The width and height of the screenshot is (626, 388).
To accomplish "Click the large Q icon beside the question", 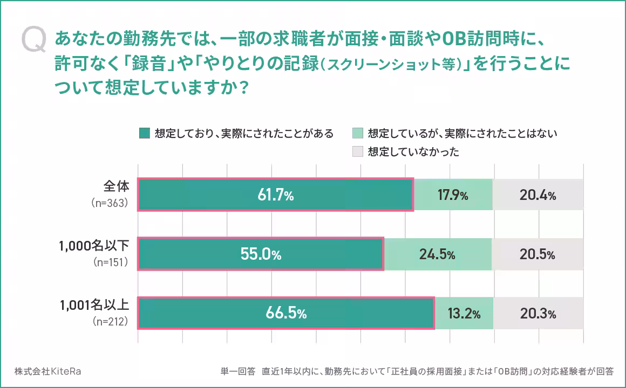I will coord(34,41).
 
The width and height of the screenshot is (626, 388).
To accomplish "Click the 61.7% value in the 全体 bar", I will coord(275,195).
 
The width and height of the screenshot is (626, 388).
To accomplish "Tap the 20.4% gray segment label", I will coord(537,195).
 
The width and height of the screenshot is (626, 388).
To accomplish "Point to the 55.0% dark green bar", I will coord(261,254).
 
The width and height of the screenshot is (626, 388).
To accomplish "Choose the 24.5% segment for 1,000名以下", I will coord(437,254).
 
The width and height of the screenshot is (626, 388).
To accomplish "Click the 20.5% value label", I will coord(537,254).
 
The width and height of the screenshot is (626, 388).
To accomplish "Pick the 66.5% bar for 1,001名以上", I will coord(285,313).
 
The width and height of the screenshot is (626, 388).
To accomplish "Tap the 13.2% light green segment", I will coord(464,313).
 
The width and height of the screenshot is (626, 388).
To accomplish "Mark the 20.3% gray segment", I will coord(537,313).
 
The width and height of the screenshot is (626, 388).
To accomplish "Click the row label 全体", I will coord(117,186).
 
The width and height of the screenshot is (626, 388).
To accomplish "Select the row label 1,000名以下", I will coord(94,246).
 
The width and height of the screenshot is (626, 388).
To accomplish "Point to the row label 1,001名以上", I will coord(94,305).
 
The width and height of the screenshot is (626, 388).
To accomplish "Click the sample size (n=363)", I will coord(109,204).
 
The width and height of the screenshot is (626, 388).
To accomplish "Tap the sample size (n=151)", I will coord(109,263).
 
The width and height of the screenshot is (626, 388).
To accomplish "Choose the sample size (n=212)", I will coord(109,322).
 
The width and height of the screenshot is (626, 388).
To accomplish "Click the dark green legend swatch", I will coord(144,133).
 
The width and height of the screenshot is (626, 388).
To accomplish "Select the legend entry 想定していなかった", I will coord(413,151).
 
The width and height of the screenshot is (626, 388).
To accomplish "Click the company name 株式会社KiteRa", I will coord(49,371).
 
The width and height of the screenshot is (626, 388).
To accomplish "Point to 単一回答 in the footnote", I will coord(238,371).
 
